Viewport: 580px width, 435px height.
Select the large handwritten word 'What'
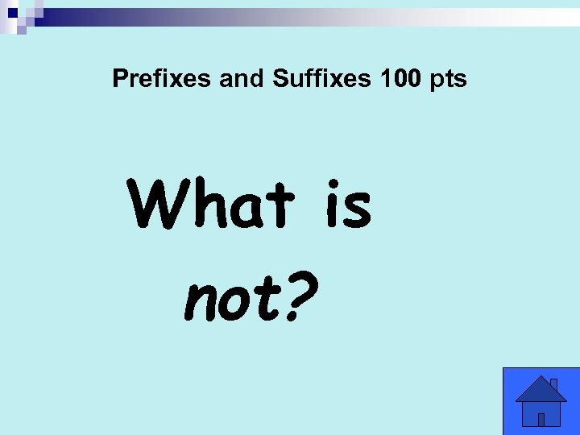pos(210,205)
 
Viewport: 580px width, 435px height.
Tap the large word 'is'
pos(348,205)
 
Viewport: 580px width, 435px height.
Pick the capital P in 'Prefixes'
pos(120,79)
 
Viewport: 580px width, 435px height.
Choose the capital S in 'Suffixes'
pos(281,79)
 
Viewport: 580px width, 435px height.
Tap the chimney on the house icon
pos(553,384)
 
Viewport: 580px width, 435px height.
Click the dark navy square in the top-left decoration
pos(11,11)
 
